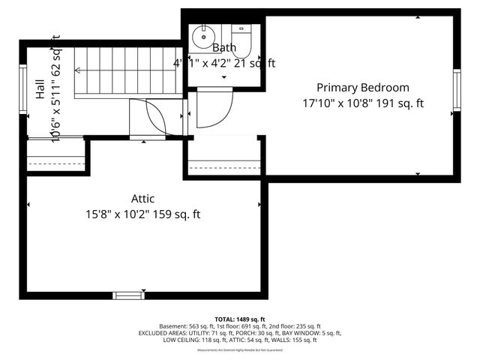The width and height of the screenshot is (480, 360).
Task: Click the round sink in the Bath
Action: point(202,36)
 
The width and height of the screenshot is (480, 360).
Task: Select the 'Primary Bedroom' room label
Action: point(363,88)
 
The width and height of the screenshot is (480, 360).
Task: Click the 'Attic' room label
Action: point(142,199)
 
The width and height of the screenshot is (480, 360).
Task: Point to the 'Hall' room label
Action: point(39,91)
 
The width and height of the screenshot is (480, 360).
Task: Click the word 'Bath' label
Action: point(223,48)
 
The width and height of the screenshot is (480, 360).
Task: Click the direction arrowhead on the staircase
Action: point(77,72)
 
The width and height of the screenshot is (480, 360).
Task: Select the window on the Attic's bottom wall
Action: point(127,295)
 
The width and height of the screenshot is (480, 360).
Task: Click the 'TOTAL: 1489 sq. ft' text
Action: point(240,319)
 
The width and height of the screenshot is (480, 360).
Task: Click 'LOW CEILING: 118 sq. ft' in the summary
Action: point(191,340)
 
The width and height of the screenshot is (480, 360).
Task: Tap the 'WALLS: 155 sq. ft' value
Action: point(295,340)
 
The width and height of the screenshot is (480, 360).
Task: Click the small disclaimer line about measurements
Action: point(240,350)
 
